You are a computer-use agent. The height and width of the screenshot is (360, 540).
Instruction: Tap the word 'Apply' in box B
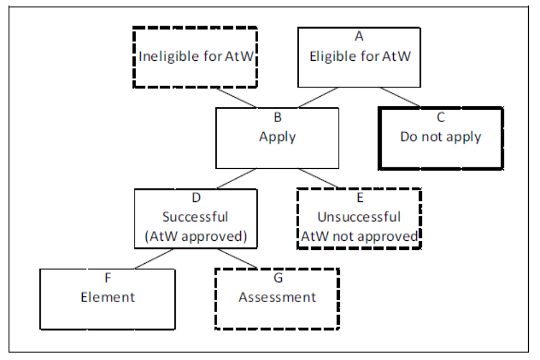click(x=277, y=137)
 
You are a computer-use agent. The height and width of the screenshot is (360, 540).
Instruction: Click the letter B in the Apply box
click(x=277, y=118)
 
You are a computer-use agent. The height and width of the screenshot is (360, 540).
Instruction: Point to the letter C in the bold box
click(x=440, y=118)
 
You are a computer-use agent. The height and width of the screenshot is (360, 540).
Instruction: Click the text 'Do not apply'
click(x=440, y=137)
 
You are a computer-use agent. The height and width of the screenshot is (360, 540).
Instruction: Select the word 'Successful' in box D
click(x=195, y=217)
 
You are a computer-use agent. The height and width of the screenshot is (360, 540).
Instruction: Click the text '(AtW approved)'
click(x=195, y=236)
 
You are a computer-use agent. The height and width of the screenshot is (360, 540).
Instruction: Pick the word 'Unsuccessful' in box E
click(x=359, y=217)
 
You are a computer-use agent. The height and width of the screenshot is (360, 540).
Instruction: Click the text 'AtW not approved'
click(x=359, y=236)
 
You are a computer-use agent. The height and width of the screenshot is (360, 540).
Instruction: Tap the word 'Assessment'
click(x=277, y=296)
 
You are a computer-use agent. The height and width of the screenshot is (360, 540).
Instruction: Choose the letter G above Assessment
click(x=277, y=278)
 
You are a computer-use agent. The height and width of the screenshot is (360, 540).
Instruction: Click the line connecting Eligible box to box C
click(x=400, y=97)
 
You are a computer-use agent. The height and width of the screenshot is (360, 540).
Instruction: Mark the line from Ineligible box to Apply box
click(x=236, y=97)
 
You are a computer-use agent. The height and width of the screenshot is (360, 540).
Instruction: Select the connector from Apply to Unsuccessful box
click(x=318, y=178)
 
